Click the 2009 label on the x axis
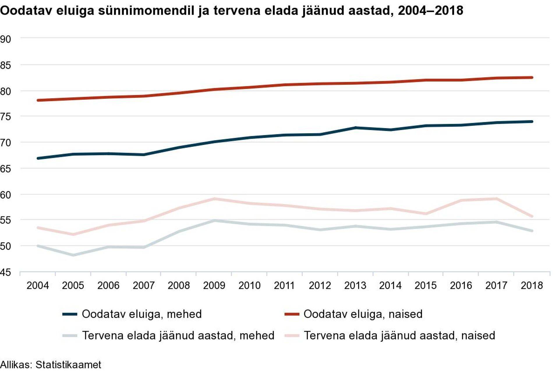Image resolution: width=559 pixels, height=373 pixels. tap(214, 285)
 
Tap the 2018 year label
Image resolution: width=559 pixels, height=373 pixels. tap(532, 285)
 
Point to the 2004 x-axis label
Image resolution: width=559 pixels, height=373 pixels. tap(38, 285)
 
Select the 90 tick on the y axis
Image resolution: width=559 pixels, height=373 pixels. tap(6, 39)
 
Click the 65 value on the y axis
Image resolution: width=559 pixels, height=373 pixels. tap(6, 169)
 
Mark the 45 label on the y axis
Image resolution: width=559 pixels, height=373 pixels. tap(6, 272)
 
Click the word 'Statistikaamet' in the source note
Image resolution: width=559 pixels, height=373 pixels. tap(68, 365)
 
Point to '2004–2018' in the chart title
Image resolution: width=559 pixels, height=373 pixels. tap(430, 11)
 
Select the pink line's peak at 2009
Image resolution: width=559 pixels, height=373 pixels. tap(214, 199)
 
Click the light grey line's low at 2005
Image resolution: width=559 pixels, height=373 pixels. tap(73, 255)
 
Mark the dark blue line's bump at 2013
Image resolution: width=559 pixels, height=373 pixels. tap(355, 128)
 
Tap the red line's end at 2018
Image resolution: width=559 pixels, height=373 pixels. tap(532, 78)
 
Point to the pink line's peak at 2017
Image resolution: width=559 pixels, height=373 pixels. tap(496, 199)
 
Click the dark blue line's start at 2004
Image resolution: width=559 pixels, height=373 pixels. tap(38, 158)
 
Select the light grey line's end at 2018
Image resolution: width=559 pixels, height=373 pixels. tap(532, 231)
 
